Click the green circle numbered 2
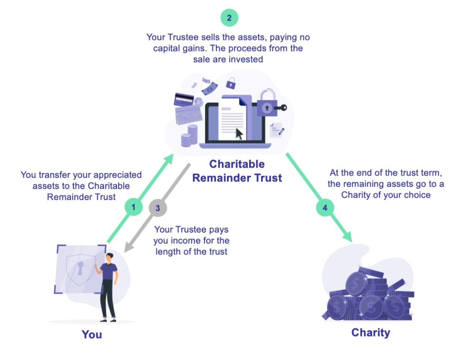pos(229,18)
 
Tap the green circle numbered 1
pos(133,207)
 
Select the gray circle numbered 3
pos(158,208)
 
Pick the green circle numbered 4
pos(325,208)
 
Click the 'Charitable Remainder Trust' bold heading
pos(237,171)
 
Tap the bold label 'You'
pos(92,334)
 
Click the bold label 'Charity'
pos(370,333)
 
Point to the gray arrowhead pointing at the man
pos(128,248)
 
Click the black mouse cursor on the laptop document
pos(239,134)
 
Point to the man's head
pos(110,257)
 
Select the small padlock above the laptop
pos(230,83)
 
